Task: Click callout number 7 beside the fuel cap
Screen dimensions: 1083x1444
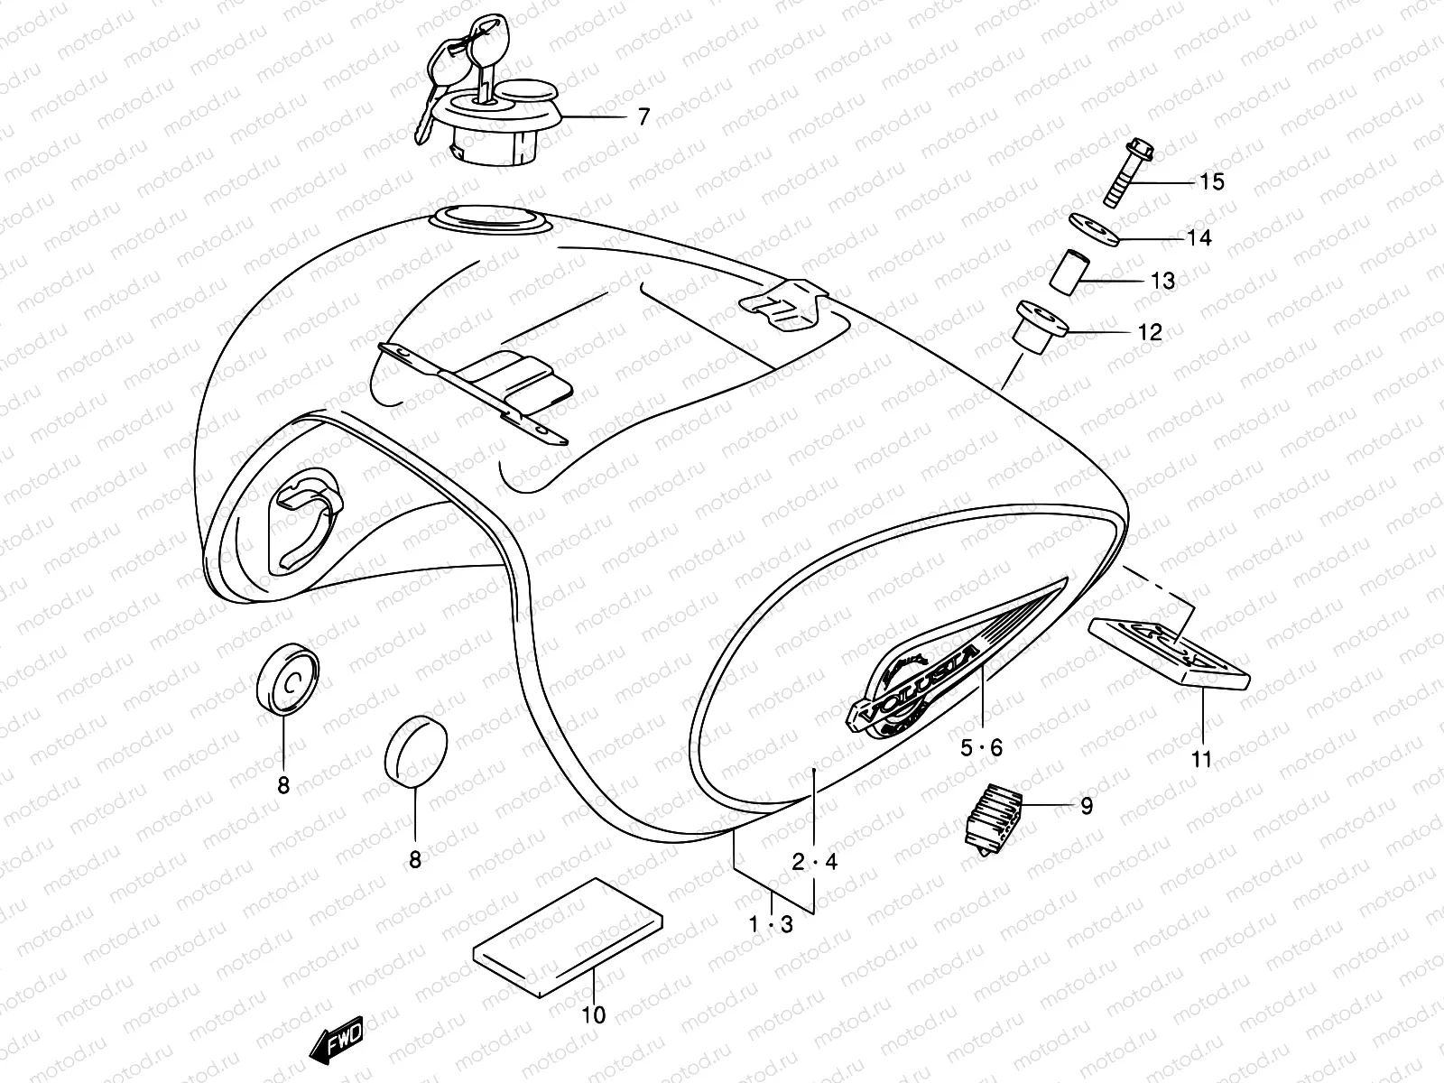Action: pos(643,117)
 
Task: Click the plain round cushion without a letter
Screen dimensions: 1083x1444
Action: pos(416,751)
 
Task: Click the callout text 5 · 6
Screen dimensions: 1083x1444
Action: pos(981,748)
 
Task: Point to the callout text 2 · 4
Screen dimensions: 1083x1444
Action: pos(814,862)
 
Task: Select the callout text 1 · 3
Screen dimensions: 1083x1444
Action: pos(773,924)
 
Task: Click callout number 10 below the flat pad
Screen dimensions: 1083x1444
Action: pos(593,1015)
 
